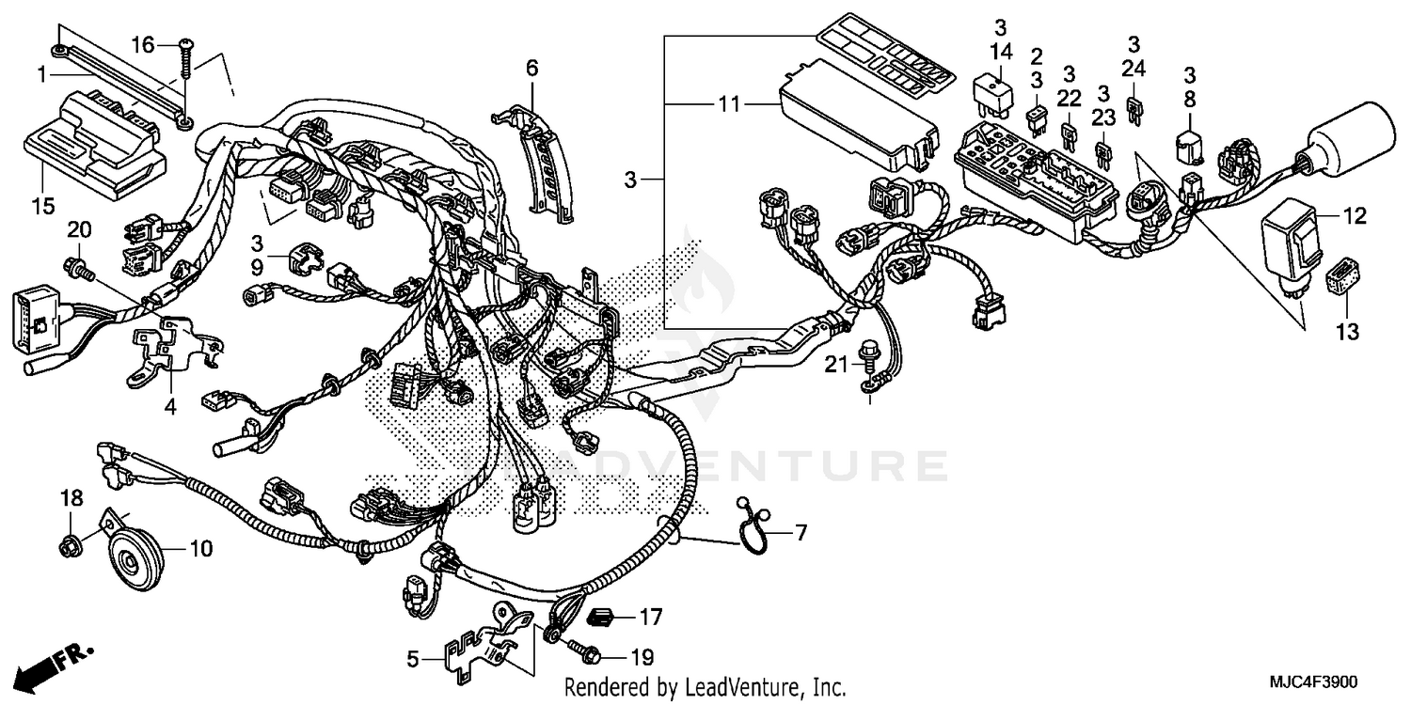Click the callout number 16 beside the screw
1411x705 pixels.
click(x=141, y=44)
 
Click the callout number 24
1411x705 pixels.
click(x=1134, y=68)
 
